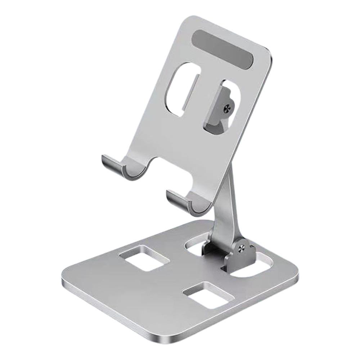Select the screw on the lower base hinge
tap(242, 247)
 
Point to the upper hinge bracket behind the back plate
tap(220, 108)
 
